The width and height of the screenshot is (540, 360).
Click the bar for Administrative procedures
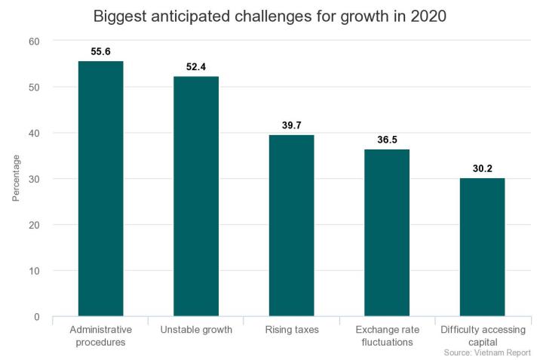[x=100, y=189]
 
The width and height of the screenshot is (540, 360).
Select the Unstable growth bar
[x=196, y=196]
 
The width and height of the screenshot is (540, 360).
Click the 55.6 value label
[x=100, y=51]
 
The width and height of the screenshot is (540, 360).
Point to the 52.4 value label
[x=196, y=66]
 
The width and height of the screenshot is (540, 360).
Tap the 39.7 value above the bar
[x=291, y=125]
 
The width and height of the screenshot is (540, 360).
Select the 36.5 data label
[x=387, y=139]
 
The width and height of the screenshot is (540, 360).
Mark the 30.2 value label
[x=482, y=168]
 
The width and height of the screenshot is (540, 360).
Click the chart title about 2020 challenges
[x=270, y=16]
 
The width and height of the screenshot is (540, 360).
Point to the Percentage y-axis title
[x=17, y=179]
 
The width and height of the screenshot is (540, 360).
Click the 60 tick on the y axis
[x=35, y=41]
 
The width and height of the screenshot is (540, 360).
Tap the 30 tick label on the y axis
[x=35, y=179]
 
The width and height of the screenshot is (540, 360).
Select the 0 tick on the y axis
[x=37, y=317]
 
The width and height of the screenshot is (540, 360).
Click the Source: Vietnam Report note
[x=487, y=352]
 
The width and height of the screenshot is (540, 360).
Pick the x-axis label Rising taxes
[x=291, y=330]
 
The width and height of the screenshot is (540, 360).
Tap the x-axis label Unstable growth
[x=196, y=330]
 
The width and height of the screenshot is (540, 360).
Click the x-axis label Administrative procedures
[x=100, y=336]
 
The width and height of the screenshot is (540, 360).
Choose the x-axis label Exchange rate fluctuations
[x=387, y=336]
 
